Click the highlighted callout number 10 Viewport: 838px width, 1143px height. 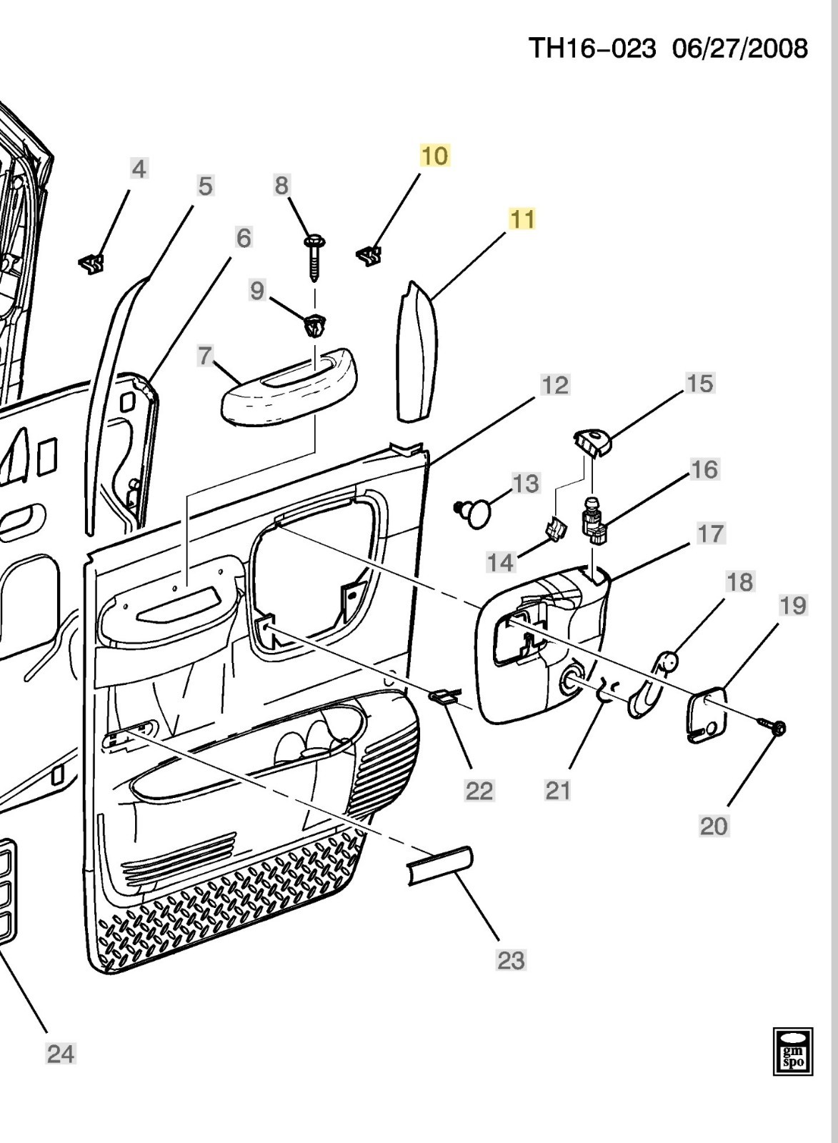pos(435,156)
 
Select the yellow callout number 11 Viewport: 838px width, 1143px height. pos(522,219)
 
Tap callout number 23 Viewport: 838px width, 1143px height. pos(511,960)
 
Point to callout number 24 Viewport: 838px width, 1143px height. pos(61,1053)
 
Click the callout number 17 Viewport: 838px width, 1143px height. pos(710,534)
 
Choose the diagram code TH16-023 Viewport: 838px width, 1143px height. pos(592,49)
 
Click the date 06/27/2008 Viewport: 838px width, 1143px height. pos(740,49)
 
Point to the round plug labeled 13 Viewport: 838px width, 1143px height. pos(477,512)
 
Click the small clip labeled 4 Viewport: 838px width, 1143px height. pos(91,265)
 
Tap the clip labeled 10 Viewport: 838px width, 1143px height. pos(369,255)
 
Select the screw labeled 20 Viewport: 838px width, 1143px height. pos(773,727)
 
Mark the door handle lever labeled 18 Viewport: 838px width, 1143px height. pos(650,686)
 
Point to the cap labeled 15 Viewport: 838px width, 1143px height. pos(592,442)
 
